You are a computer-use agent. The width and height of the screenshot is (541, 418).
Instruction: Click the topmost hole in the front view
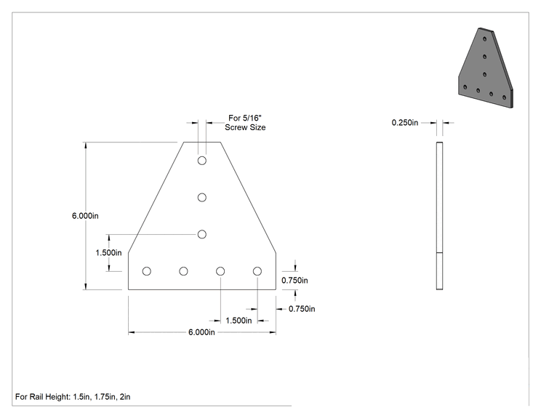(202, 161)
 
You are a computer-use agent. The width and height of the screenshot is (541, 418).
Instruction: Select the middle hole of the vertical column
(202, 197)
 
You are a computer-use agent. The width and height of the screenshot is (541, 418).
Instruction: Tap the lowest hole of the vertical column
(202, 234)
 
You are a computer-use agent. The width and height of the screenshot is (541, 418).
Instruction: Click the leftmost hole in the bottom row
(147, 271)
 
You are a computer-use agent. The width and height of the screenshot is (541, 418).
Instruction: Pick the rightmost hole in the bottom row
(257, 271)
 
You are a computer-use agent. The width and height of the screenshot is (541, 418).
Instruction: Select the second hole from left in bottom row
(183, 271)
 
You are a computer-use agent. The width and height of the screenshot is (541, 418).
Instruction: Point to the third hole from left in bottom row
(220, 271)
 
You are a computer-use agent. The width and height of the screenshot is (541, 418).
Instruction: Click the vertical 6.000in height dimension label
(85, 216)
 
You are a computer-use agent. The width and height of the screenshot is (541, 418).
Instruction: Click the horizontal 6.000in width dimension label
(201, 332)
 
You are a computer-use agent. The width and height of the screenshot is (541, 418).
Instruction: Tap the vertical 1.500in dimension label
(108, 253)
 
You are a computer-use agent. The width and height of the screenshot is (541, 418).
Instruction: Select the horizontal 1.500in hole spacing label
(239, 321)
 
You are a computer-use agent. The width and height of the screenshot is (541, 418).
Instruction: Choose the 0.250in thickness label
(405, 122)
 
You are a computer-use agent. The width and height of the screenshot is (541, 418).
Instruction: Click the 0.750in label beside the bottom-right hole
(294, 281)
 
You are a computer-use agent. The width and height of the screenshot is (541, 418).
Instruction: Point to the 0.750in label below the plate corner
(302, 309)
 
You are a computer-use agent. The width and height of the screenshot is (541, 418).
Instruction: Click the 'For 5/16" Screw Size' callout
(245, 123)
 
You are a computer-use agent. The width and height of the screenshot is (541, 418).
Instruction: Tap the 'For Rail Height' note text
(73, 397)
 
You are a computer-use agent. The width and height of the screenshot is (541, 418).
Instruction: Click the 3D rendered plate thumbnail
(486, 68)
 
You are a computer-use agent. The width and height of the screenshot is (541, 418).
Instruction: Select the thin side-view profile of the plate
(439, 216)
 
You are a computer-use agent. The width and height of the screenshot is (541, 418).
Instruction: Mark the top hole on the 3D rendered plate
(485, 39)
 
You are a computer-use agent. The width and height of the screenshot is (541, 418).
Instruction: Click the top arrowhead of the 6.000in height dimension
(86, 145)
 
